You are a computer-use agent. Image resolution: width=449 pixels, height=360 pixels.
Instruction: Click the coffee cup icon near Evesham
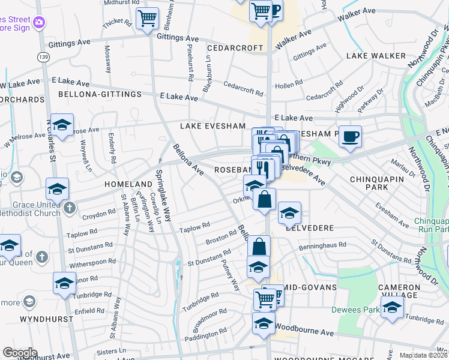point(350,136)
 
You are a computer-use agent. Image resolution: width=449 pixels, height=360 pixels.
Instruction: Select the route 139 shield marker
point(43,56)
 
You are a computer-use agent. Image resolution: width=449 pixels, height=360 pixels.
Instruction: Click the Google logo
point(20,353)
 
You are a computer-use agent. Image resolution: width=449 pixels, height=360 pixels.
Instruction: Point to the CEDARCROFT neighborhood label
point(235,47)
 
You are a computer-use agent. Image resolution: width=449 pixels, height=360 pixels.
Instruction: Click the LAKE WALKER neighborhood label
point(376,56)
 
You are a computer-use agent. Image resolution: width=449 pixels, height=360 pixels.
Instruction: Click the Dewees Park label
point(362,310)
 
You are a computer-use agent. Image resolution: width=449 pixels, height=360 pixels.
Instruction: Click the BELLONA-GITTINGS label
point(100,94)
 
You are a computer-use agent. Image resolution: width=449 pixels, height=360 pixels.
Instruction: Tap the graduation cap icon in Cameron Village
point(392,309)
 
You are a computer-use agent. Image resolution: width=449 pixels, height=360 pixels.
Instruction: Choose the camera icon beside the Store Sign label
point(39,22)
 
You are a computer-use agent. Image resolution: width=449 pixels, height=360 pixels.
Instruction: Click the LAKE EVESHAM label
point(213,126)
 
